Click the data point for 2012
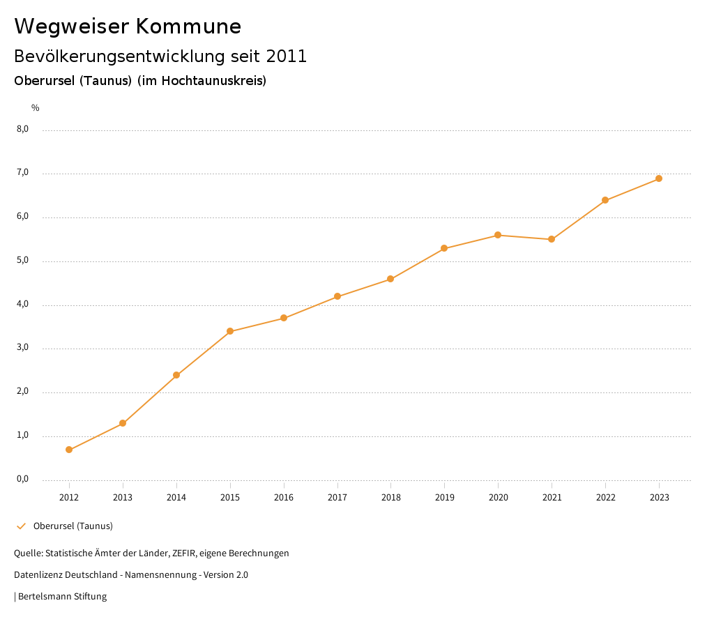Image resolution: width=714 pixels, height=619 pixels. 69,450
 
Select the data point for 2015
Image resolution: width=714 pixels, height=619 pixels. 230,331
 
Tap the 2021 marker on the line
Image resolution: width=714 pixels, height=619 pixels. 552,239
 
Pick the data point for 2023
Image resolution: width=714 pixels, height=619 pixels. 659,178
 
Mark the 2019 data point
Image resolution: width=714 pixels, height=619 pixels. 444,248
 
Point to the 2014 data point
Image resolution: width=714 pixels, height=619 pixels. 176,375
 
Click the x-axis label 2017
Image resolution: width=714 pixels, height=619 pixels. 337,497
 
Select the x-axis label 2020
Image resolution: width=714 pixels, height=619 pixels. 498,497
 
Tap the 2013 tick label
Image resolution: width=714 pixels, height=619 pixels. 123,497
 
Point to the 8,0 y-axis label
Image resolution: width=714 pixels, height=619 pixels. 22,129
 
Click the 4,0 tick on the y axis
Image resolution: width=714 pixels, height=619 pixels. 22,304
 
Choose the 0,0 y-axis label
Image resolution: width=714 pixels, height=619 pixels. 22,479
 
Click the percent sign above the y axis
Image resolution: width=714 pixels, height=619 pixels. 36,107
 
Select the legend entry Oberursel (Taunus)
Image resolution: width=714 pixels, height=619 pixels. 73,526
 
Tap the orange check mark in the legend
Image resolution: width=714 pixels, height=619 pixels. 21,526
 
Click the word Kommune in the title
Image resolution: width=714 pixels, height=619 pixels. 188,26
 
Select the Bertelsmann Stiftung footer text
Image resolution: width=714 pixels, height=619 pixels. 62,596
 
